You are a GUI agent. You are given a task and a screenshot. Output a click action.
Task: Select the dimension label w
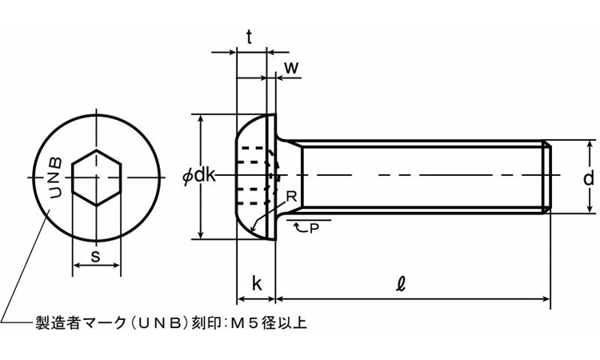click(x=292, y=68)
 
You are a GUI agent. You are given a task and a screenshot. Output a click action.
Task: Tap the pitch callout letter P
click(x=313, y=229)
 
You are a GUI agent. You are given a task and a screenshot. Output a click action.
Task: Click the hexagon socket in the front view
click(x=96, y=178)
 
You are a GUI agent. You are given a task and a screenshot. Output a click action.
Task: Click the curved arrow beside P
click(x=299, y=228)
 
